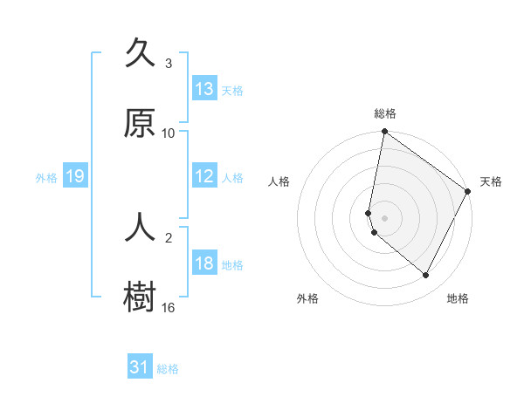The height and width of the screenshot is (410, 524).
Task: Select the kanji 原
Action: [140, 124]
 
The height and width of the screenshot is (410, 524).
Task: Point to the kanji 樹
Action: [140, 297]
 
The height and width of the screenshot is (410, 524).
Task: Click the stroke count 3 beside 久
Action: [169, 64]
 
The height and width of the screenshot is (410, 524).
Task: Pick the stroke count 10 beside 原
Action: [169, 133]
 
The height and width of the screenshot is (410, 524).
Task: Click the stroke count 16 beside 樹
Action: [169, 307]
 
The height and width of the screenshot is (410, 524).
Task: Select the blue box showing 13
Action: [204, 89]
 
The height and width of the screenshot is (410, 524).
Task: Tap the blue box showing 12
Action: [204, 176]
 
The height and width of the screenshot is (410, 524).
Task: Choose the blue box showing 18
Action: [204, 263]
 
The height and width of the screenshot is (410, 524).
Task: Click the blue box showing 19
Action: [75, 176]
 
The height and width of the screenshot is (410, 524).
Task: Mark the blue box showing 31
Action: [140, 367]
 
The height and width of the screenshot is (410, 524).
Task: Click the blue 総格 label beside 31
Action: [168, 369]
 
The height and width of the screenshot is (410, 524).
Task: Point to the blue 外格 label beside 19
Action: [46, 178]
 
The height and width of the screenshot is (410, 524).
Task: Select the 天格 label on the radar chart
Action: [491, 181]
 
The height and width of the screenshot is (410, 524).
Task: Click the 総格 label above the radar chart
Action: [385, 113]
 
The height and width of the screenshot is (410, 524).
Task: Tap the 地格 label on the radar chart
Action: [458, 298]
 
